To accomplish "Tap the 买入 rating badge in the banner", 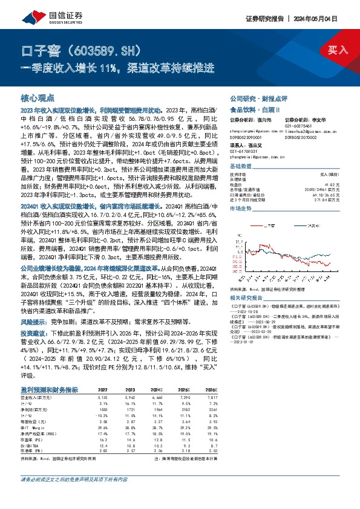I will (338, 50).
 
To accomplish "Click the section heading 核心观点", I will (38, 98).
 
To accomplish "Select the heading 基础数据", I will (240, 166).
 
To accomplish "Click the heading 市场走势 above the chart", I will (240, 207).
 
